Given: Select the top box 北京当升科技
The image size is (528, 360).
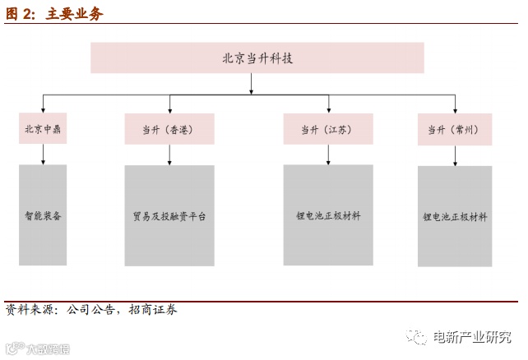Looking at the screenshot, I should (257, 58).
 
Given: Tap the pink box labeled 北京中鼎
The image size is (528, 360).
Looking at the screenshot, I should (43, 129).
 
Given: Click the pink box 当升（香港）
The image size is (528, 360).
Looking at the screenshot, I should (169, 130).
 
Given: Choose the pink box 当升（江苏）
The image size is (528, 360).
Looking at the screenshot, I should (328, 130).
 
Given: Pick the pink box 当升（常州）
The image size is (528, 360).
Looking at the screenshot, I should (454, 130).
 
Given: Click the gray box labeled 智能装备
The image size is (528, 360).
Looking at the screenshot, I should (43, 215).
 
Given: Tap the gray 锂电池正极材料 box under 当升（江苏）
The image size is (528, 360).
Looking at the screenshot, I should (328, 215).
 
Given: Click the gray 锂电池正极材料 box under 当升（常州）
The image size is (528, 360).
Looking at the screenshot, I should (454, 217).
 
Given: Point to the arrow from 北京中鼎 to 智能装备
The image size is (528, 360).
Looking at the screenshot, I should (43, 155).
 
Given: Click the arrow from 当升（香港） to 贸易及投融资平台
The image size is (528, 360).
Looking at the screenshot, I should (169, 155).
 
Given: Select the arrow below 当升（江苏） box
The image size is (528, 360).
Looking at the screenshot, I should (328, 155).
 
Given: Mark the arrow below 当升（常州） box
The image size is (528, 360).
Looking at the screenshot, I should (454, 156).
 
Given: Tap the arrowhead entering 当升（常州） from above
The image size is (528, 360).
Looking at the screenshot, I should (454, 109).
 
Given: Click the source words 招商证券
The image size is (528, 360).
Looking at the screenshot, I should (153, 310).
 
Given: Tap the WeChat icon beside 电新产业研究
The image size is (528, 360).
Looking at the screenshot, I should (419, 337).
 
